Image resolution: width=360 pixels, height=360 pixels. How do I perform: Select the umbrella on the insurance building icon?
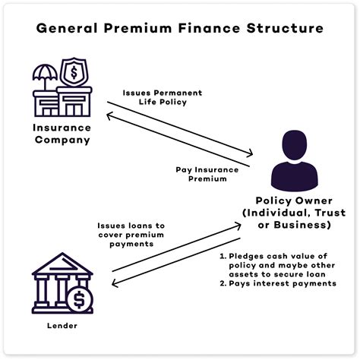(x=44, y=74)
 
